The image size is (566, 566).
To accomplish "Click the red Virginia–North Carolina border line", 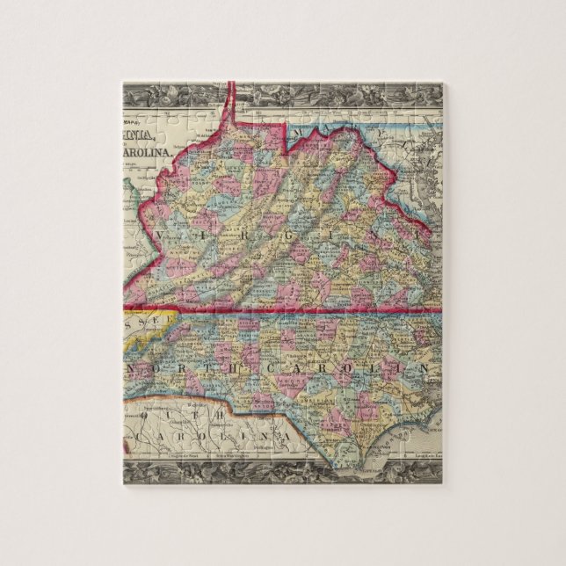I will click(281, 309).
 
